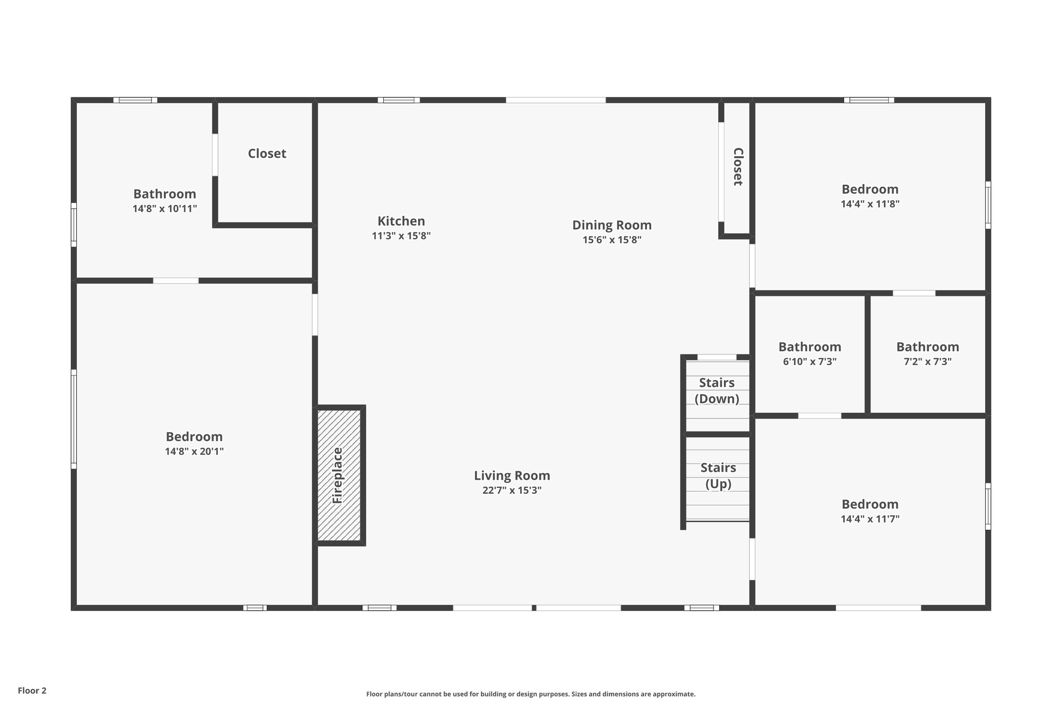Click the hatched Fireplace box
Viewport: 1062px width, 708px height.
pos(339,475)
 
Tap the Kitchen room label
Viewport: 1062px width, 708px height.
pos(401,221)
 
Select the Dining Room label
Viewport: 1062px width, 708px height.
pos(612,225)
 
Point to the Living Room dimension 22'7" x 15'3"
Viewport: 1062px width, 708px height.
pos(512,490)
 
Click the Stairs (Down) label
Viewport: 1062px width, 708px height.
pos(717,391)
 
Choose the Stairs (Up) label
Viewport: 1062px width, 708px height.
pos(718,476)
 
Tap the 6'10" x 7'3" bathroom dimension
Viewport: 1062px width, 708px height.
pos(810,362)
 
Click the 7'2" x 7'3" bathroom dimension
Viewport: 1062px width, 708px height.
pos(928,362)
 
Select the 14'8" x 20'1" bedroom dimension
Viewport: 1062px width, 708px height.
pos(194,451)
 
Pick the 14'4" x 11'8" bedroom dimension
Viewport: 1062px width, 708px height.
pos(870,204)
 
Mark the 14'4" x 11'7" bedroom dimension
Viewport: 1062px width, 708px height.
pos(870,519)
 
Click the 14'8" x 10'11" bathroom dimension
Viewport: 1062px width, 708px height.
pos(165,209)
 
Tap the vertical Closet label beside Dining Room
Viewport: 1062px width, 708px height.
pos(737,166)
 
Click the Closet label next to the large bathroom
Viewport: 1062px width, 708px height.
pos(267,154)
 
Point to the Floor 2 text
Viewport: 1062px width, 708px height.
pos(32,690)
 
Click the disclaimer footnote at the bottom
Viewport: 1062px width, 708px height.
pos(531,694)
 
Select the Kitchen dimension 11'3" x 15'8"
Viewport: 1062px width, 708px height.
pos(401,236)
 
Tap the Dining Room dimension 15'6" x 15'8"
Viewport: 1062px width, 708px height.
pos(612,240)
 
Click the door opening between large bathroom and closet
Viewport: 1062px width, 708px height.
pos(215,155)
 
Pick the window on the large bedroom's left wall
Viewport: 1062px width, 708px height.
pos(74,419)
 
